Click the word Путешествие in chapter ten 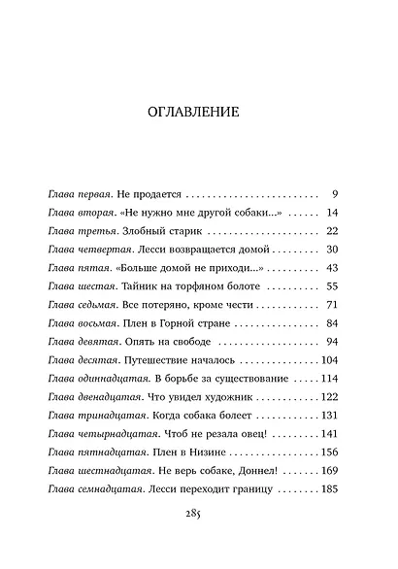click(x=159, y=360)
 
